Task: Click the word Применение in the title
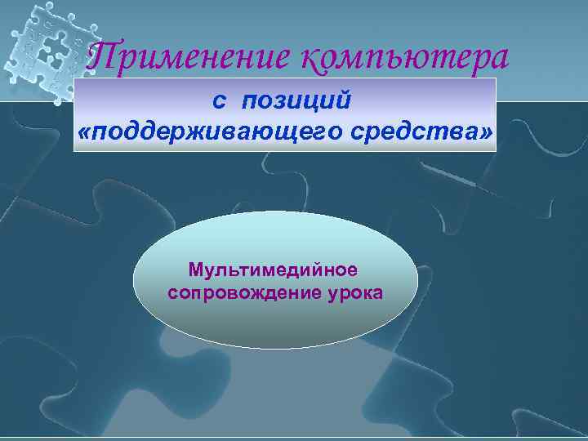click(x=189, y=56)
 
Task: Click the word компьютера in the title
click(x=405, y=58)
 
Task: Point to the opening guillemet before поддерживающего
click(x=85, y=131)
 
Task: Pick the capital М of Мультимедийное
click(x=195, y=269)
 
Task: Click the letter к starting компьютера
click(x=311, y=58)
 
